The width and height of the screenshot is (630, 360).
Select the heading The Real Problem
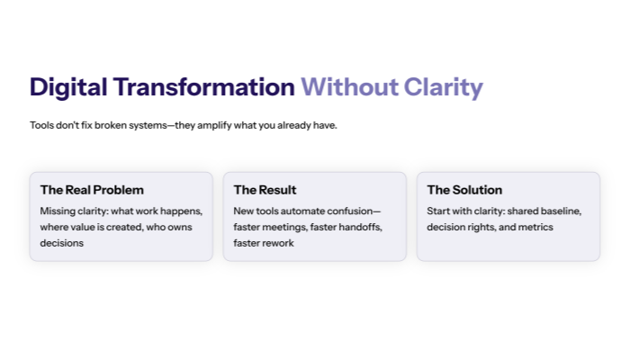[x=92, y=190]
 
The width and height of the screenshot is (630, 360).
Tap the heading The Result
[x=265, y=190]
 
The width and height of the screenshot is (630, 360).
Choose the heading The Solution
[x=464, y=190]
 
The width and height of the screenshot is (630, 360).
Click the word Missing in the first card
[x=58, y=211]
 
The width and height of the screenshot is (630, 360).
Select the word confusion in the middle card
[x=354, y=211]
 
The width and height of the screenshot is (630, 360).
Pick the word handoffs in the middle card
[x=361, y=227]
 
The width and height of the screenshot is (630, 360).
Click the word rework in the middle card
[x=277, y=243]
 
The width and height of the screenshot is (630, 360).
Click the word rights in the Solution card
[x=483, y=227]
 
